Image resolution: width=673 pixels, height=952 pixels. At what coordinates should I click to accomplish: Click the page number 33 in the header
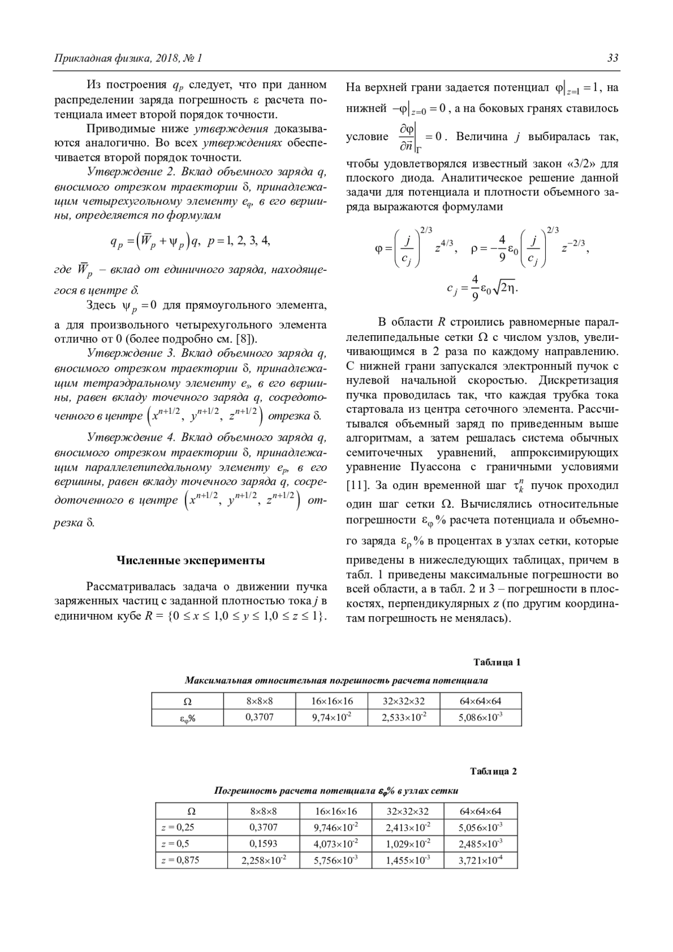pyautogui.click(x=612, y=58)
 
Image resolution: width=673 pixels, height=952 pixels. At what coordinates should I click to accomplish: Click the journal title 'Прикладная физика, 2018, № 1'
pyautogui.click(x=127, y=58)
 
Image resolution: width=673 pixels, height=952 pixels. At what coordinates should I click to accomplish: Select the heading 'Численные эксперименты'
pyautogui.click(x=191, y=560)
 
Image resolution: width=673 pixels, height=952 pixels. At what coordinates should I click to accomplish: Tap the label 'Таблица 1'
pyautogui.click(x=497, y=662)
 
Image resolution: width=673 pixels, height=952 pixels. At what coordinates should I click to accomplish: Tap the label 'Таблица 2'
pyautogui.click(x=494, y=771)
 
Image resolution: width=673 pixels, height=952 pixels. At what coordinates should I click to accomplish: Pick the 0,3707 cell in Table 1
pyautogui.click(x=260, y=717)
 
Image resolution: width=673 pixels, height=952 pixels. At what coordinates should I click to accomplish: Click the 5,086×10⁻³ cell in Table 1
pyautogui.click(x=481, y=717)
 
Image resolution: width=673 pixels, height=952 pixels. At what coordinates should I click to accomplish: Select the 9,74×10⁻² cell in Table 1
pyautogui.click(x=332, y=717)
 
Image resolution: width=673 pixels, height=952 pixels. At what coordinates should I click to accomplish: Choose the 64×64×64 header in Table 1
pyautogui.click(x=481, y=701)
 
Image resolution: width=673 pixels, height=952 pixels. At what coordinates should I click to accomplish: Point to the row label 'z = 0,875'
pyautogui.click(x=180, y=859)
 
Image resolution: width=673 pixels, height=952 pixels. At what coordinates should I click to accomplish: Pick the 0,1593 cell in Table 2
pyautogui.click(x=264, y=843)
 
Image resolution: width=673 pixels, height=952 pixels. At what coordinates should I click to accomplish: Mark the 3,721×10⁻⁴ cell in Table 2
pyautogui.click(x=481, y=859)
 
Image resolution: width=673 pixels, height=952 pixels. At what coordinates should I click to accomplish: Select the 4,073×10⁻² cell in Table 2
pyautogui.click(x=336, y=843)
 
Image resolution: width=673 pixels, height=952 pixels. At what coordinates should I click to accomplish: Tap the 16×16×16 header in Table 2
pyautogui.click(x=336, y=811)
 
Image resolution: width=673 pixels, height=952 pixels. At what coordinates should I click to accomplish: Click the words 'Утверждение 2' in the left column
pyautogui.click(x=127, y=172)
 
